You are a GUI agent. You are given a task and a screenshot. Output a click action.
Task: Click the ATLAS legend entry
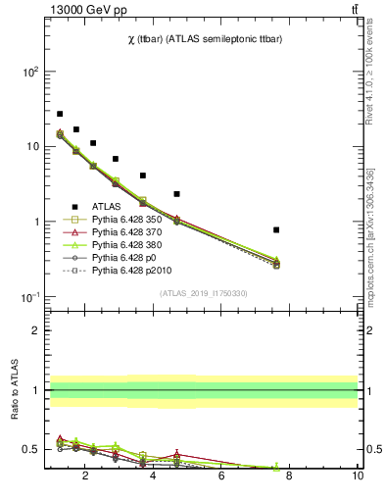click(x=109, y=207)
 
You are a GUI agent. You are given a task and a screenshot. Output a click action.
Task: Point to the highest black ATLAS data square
click(x=60, y=114)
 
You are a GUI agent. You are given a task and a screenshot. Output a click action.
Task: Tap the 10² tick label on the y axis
click(x=30, y=73)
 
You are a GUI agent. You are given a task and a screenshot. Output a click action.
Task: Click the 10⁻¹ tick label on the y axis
click(x=30, y=297)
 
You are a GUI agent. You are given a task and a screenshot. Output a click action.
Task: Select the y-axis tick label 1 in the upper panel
click(x=34, y=223)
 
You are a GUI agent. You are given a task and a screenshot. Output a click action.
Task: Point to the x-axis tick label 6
click(x=221, y=477)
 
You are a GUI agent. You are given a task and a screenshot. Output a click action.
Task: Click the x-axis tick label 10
click(x=358, y=477)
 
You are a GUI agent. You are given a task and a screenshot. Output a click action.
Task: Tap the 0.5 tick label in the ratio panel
click(x=30, y=450)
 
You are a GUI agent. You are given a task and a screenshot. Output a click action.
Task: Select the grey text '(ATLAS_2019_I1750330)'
click(x=203, y=293)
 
